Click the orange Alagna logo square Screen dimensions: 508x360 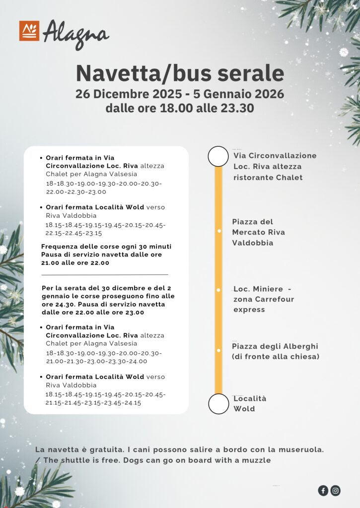click(x=29, y=31)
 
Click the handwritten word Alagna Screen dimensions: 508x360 click(x=75, y=35)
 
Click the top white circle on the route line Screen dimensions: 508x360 click(x=218, y=156)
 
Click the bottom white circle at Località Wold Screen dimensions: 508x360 click(x=218, y=403)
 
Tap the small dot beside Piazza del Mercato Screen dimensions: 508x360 click(x=218, y=231)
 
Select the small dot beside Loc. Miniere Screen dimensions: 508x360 click(x=218, y=289)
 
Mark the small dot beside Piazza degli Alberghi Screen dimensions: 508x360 click(x=218, y=350)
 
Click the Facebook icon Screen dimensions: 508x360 click(x=323, y=491)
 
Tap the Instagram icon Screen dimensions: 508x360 click(x=336, y=491)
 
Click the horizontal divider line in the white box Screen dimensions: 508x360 click(x=105, y=274)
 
